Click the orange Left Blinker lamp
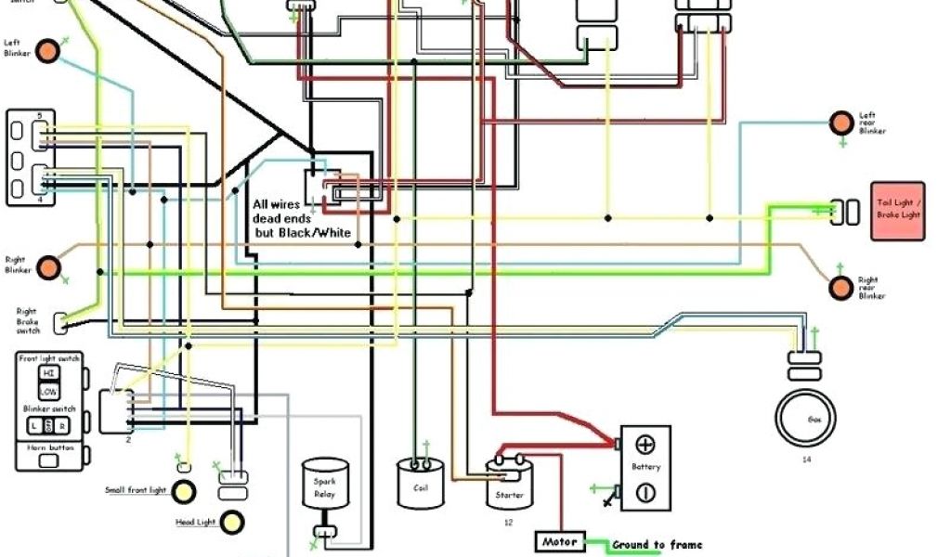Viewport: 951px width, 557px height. click(x=47, y=53)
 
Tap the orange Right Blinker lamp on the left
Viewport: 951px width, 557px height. click(x=47, y=269)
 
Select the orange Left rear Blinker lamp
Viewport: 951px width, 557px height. click(x=841, y=123)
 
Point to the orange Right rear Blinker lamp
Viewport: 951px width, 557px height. click(x=841, y=288)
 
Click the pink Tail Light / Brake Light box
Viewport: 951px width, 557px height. click(x=897, y=212)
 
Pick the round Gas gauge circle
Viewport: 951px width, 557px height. click(x=814, y=420)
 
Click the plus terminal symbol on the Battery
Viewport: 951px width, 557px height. click(x=646, y=445)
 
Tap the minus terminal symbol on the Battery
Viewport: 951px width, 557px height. click(x=646, y=491)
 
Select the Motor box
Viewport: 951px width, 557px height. click(x=560, y=541)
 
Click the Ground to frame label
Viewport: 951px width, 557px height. click(x=657, y=545)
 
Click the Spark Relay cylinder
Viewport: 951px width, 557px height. click(x=325, y=486)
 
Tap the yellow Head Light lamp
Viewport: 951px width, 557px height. click(x=231, y=522)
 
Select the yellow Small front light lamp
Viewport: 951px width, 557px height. click(x=185, y=490)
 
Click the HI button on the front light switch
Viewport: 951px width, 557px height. click(x=46, y=372)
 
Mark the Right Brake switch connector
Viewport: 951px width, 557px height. click(x=61, y=322)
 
